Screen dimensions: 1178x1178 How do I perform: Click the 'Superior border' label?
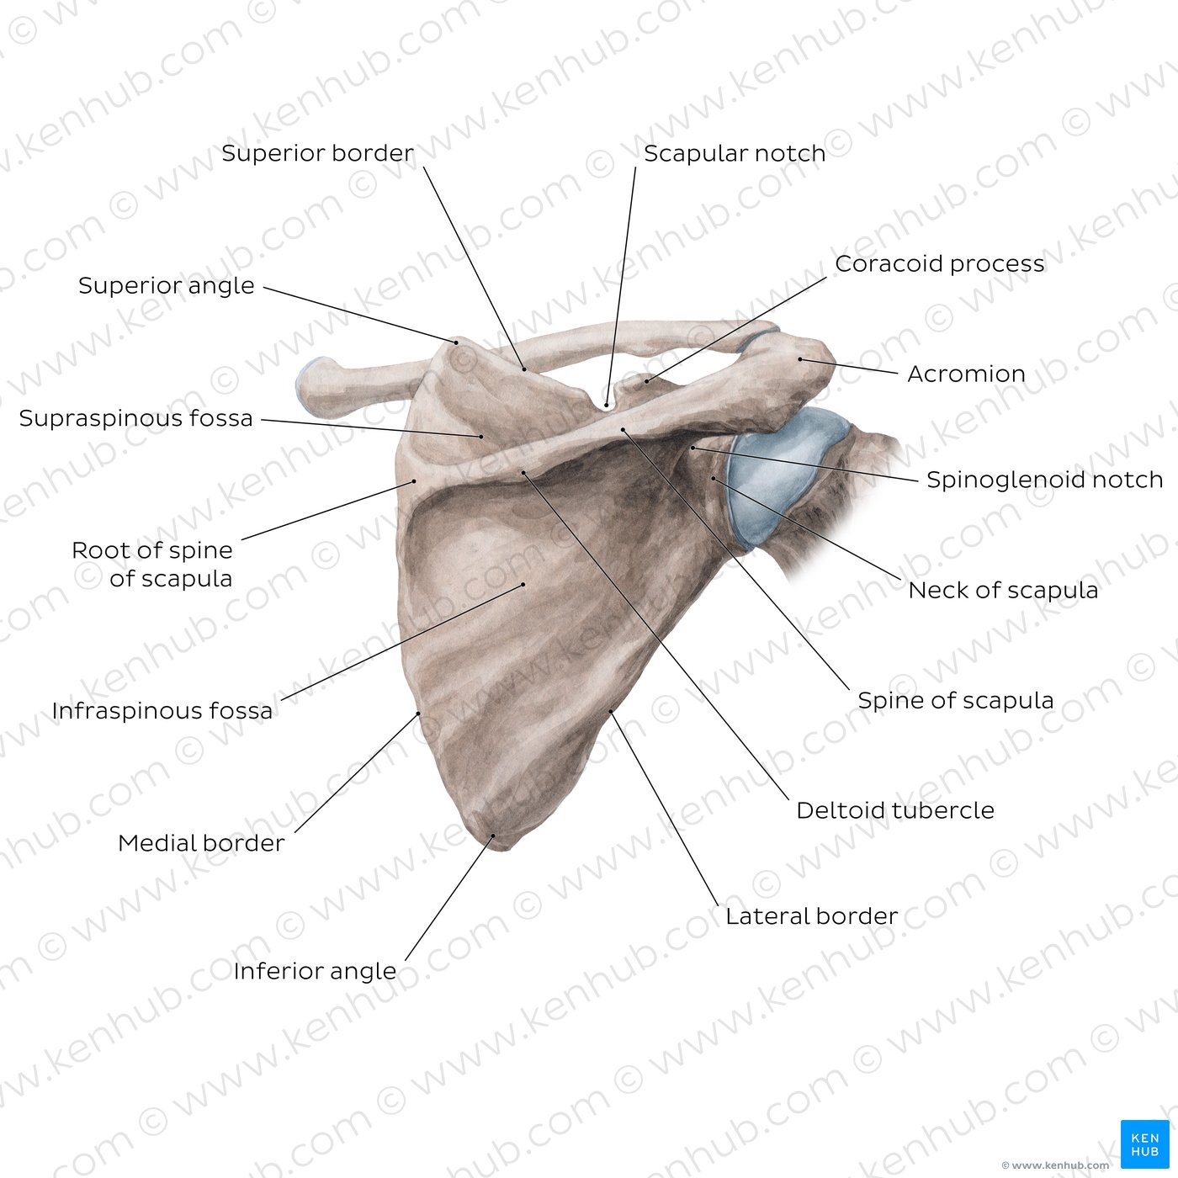(x=317, y=153)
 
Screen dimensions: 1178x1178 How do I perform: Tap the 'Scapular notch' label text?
(x=735, y=153)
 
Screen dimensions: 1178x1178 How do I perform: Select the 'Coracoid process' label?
(x=940, y=263)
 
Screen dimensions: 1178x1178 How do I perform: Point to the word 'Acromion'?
(x=966, y=374)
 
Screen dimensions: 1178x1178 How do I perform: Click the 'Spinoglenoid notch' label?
(x=1045, y=480)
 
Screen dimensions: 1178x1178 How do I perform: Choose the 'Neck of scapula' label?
(x=1003, y=590)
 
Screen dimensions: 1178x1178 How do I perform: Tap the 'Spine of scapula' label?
(x=956, y=700)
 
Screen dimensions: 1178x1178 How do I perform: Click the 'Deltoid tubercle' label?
(x=895, y=810)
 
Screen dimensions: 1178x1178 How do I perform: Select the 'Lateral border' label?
(x=811, y=915)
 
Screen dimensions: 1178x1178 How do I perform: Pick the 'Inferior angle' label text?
(x=315, y=971)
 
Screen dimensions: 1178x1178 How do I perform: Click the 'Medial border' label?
(x=201, y=843)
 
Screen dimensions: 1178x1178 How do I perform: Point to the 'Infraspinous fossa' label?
(x=162, y=710)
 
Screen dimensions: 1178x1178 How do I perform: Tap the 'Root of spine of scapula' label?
(x=152, y=565)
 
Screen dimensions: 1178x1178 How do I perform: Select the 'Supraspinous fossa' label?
(x=135, y=418)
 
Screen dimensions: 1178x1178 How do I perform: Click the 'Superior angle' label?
(x=167, y=285)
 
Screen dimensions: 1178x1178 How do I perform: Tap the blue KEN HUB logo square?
(x=1145, y=1144)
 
